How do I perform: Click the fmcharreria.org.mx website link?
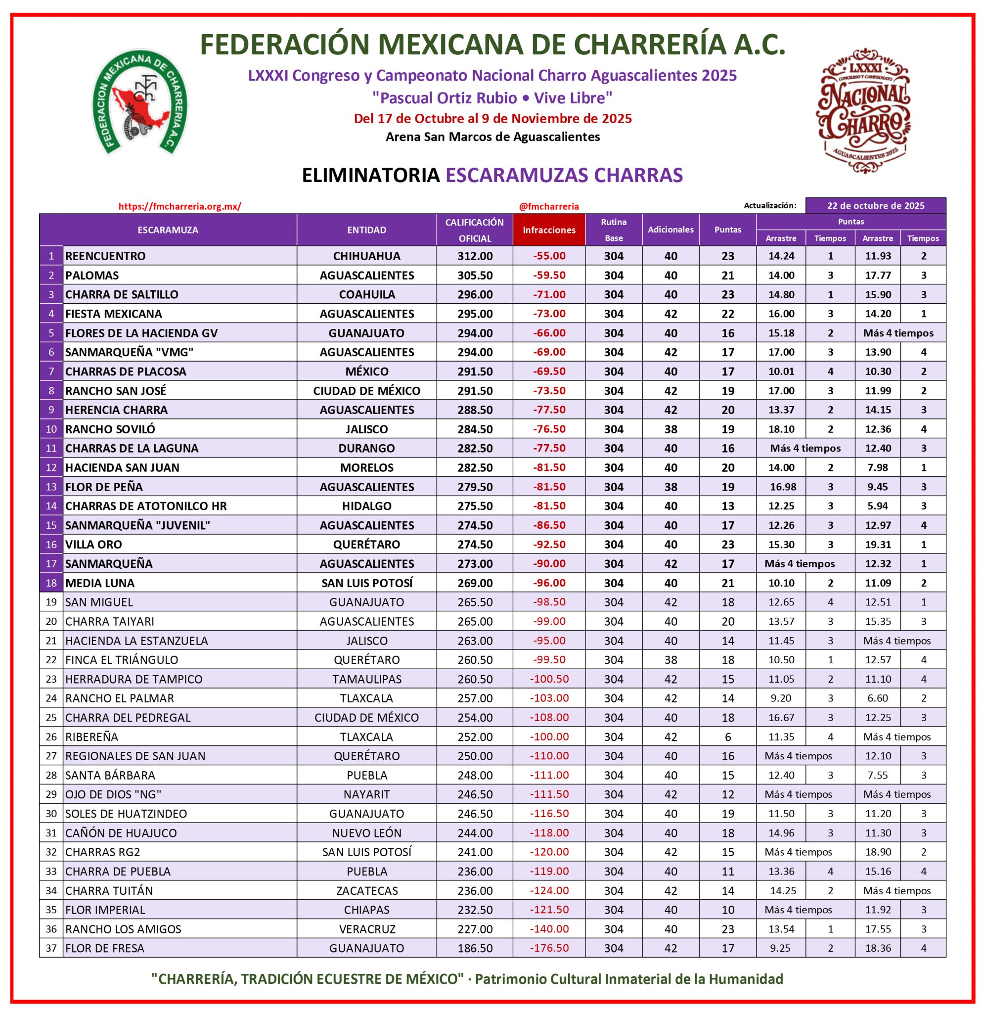(179, 206)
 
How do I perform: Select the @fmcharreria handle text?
(549, 206)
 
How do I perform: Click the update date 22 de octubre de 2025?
(876, 206)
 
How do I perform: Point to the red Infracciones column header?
(549, 230)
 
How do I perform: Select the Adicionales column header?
(671, 230)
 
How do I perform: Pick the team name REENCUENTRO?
(105, 256)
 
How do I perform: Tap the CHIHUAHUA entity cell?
(366, 256)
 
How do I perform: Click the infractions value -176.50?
(549, 948)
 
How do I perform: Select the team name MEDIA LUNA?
(100, 583)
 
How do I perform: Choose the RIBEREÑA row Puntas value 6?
(728, 737)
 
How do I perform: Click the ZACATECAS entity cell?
(366, 890)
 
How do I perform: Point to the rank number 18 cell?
(51, 583)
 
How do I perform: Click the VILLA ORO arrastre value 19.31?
(878, 544)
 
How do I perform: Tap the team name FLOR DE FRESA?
(105, 948)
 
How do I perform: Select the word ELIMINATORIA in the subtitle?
(370, 175)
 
